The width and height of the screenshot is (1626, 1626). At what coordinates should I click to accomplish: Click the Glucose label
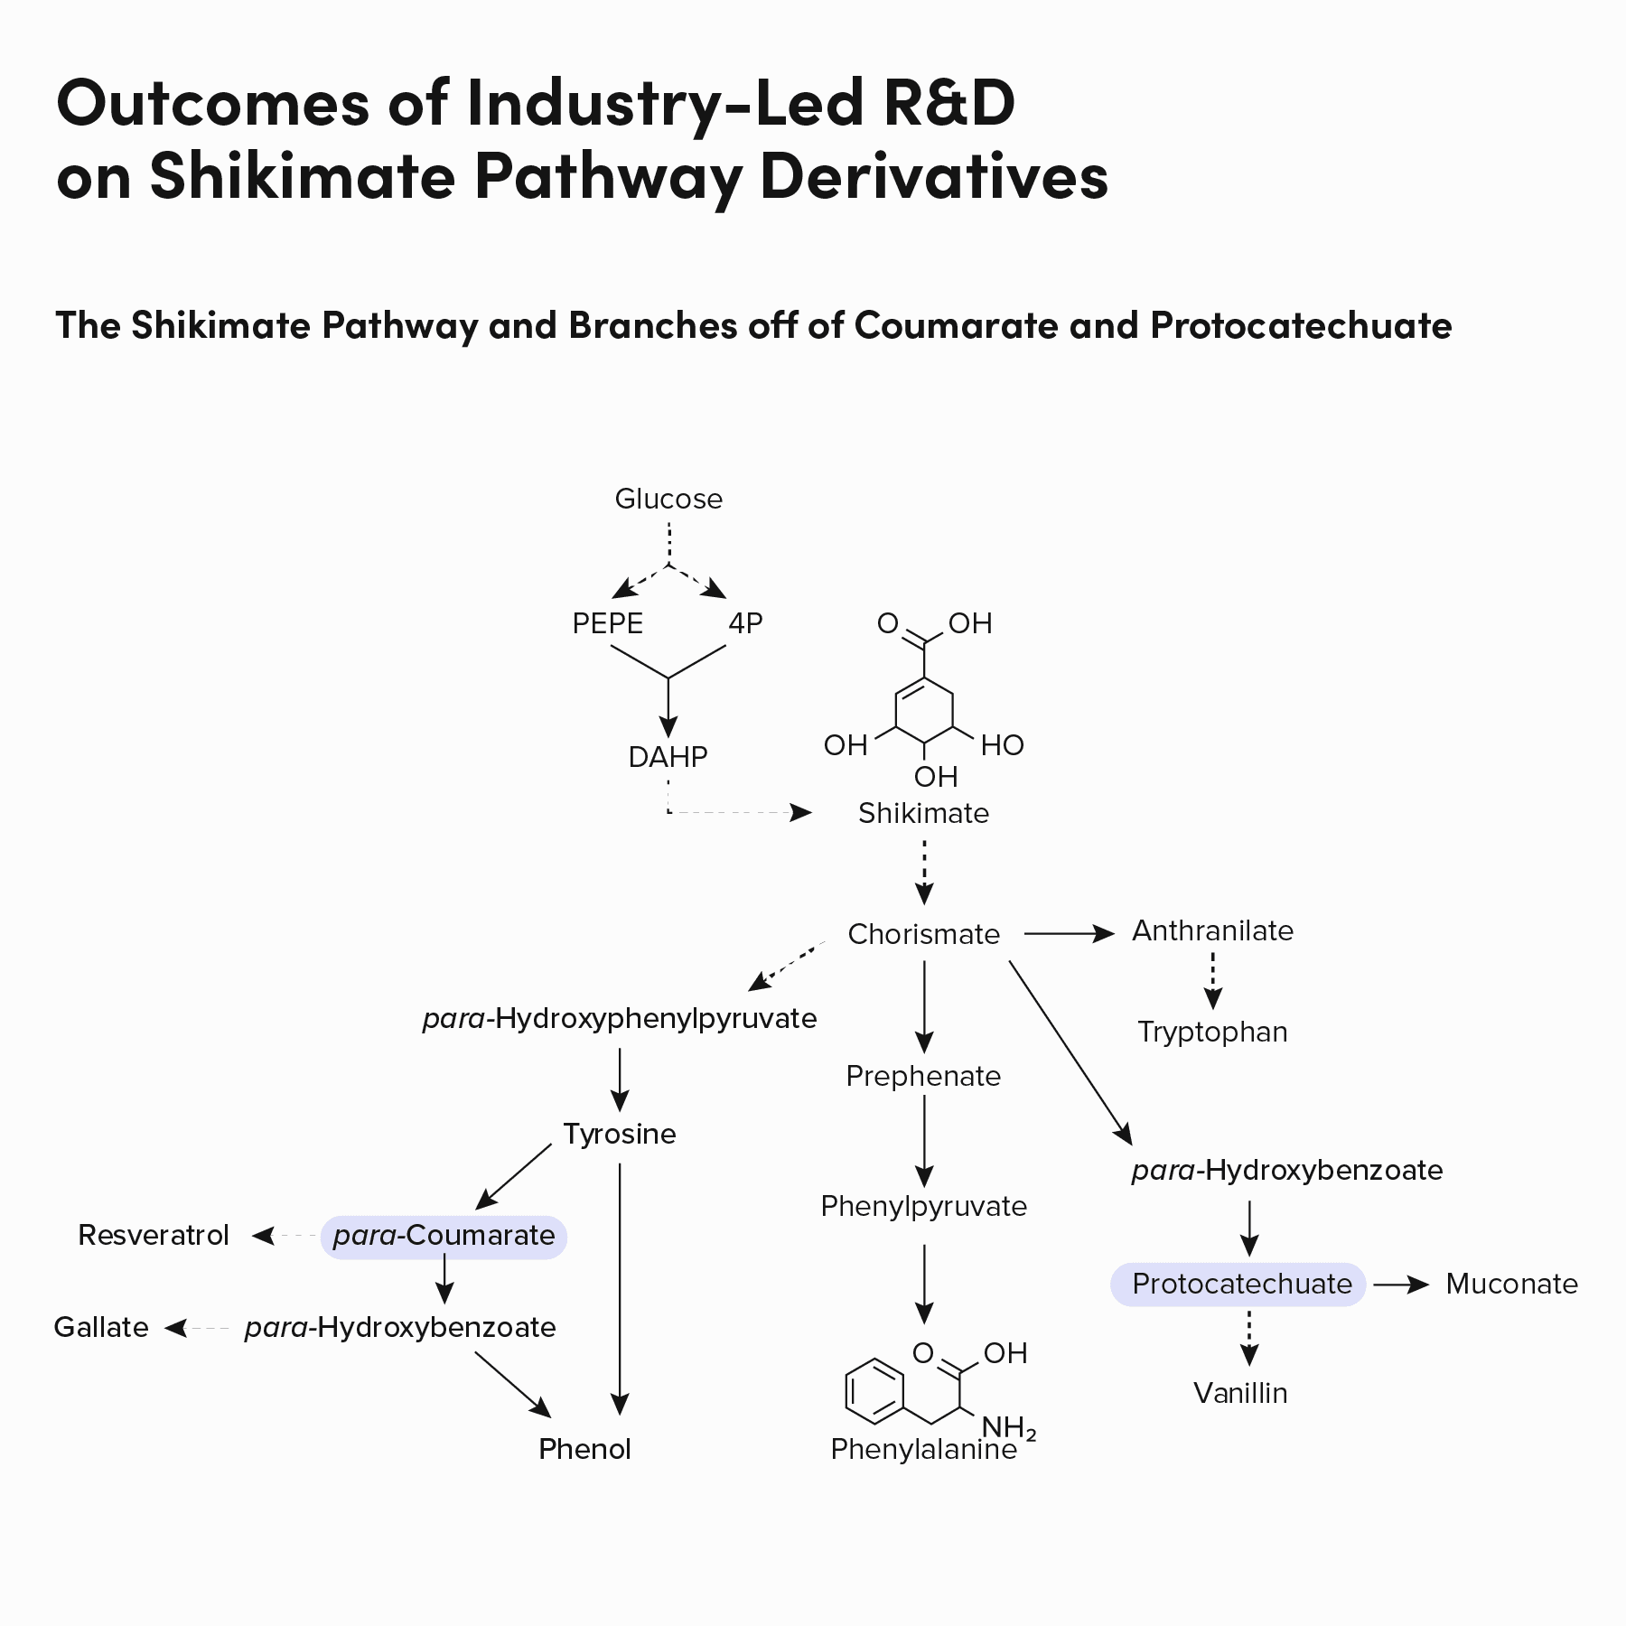[668, 499]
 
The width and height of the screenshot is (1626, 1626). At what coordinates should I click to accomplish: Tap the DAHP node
[668, 757]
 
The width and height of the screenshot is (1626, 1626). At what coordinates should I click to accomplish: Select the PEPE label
[608, 623]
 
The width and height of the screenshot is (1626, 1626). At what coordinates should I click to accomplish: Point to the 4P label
[745, 623]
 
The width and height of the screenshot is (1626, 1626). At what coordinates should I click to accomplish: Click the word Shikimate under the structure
[923, 813]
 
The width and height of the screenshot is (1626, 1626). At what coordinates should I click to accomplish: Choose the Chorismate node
[923, 934]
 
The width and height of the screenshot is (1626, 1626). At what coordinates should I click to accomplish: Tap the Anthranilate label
[1212, 930]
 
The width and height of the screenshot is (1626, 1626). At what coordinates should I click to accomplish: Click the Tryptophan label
[1212, 1032]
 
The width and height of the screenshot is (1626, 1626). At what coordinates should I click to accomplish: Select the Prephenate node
[923, 1076]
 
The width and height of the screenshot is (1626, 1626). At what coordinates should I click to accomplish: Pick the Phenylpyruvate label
[923, 1206]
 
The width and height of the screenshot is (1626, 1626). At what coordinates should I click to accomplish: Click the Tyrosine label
[620, 1134]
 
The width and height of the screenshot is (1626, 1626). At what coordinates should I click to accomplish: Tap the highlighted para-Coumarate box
[444, 1236]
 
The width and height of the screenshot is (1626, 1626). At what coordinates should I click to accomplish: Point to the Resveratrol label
[154, 1235]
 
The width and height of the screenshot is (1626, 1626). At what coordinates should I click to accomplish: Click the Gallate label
[101, 1327]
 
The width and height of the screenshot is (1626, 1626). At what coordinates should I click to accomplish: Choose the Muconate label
[1511, 1284]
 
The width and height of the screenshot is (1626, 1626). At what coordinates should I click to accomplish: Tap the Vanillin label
[1240, 1393]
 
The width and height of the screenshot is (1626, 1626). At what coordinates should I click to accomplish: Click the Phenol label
[584, 1449]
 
